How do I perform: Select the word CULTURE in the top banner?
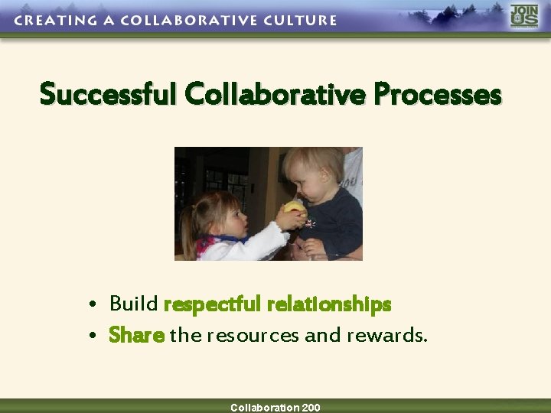click(298, 21)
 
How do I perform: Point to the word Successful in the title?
click(109, 95)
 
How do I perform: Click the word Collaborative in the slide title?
click(276, 95)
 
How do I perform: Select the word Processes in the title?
click(438, 95)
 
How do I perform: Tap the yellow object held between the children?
click(294, 208)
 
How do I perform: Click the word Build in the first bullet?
click(134, 304)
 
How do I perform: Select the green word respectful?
click(213, 305)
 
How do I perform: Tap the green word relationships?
click(329, 305)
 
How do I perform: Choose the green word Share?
click(137, 335)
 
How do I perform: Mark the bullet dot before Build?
click(92, 306)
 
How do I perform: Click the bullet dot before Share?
click(92, 337)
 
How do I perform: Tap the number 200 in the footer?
click(311, 408)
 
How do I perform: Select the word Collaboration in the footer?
click(265, 408)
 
